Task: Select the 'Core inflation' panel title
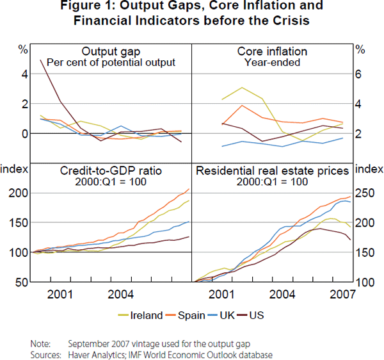pyautogui.click(x=272, y=51)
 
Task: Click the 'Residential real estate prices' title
pyautogui.click(x=272, y=171)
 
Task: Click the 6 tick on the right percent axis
pyautogui.click(x=360, y=74)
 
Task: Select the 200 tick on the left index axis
pyautogui.click(x=20, y=193)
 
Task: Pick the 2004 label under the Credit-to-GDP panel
pyautogui.click(x=120, y=295)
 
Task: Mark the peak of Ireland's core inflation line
pyautogui.click(x=242, y=87)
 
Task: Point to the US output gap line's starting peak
pyautogui.click(x=41, y=60)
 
